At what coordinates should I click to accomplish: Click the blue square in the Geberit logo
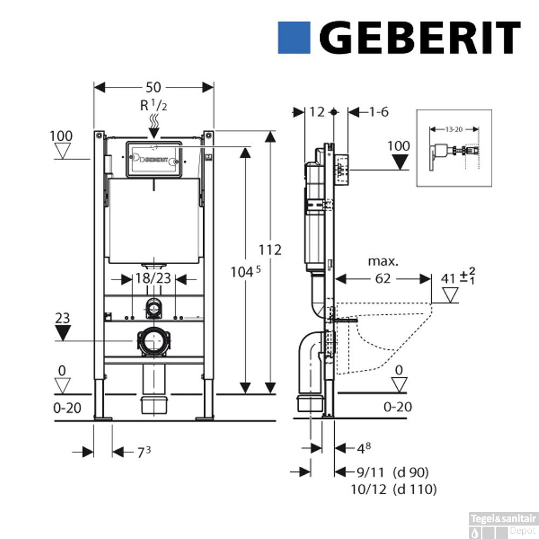(294, 38)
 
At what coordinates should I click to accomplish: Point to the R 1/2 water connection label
(154, 105)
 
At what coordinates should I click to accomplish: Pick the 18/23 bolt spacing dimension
(154, 279)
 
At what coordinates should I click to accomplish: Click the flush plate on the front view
(154, 160)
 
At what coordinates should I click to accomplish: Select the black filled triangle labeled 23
(63, 334)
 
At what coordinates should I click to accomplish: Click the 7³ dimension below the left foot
(143, 452)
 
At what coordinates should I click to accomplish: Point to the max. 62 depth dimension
(383, 279)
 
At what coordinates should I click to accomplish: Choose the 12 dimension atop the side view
(318, 112)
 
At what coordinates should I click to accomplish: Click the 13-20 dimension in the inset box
(454, 129)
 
